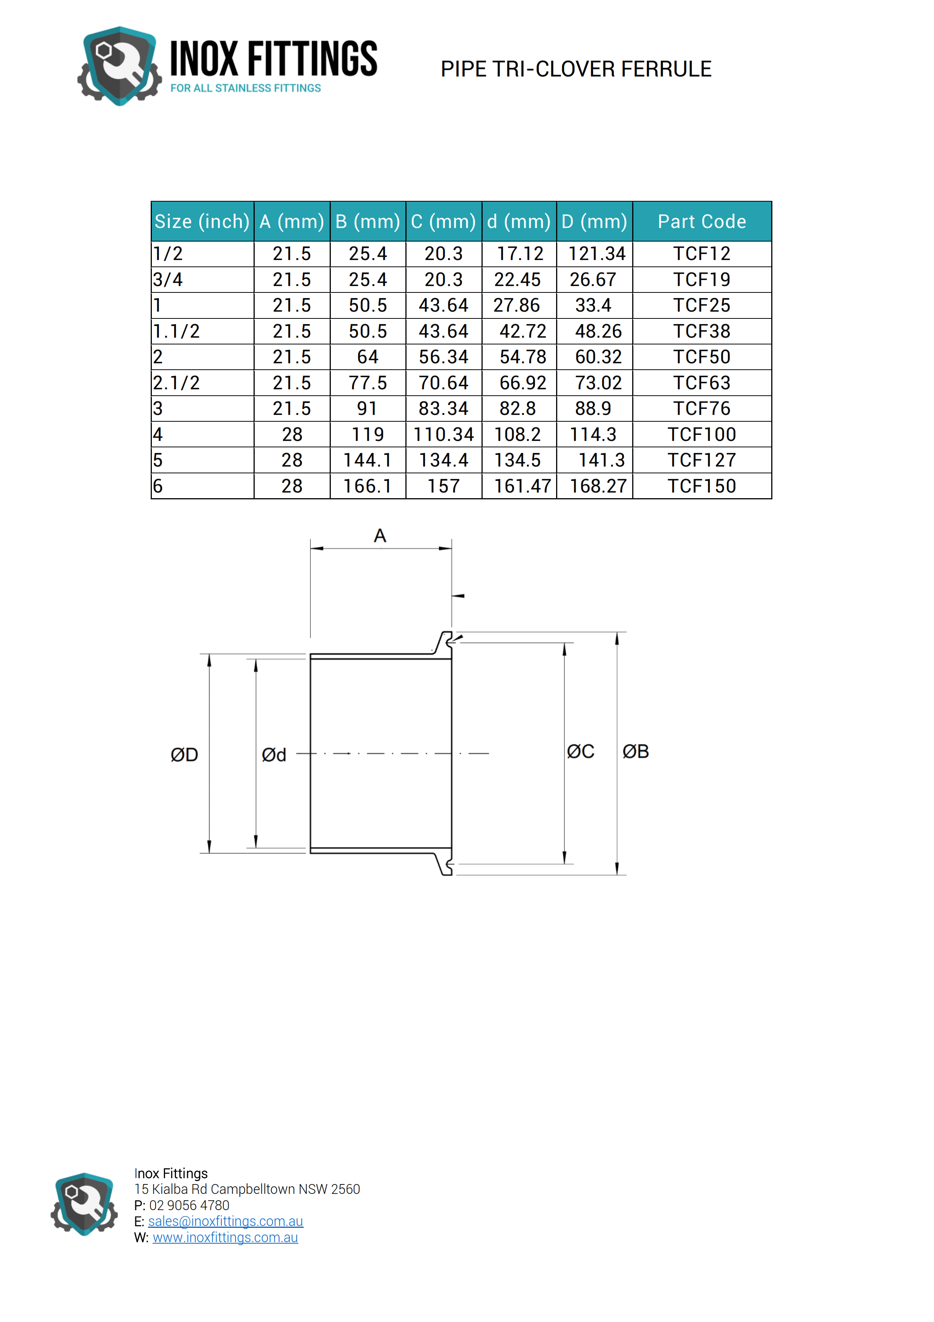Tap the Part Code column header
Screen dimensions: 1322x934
pos(702,222)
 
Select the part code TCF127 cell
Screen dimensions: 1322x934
pos(702,460)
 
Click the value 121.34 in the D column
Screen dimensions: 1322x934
pos(597,254)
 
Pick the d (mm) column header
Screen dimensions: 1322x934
pos(518,222)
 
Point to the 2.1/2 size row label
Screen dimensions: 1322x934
pos(176,383)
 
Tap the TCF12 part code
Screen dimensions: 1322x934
pos(702,254)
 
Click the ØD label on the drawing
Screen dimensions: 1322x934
pos(184,755)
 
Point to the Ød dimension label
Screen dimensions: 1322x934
pos(274,755)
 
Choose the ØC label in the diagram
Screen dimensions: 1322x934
pos(580,751)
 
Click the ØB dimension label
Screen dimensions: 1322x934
pos(635,751)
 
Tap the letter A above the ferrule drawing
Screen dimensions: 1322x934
pos(380,536)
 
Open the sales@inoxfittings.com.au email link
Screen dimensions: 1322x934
pos(226,1221)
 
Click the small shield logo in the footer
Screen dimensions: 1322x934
pos(84,1204)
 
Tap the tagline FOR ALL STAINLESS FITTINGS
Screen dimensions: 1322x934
pos(245,88)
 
